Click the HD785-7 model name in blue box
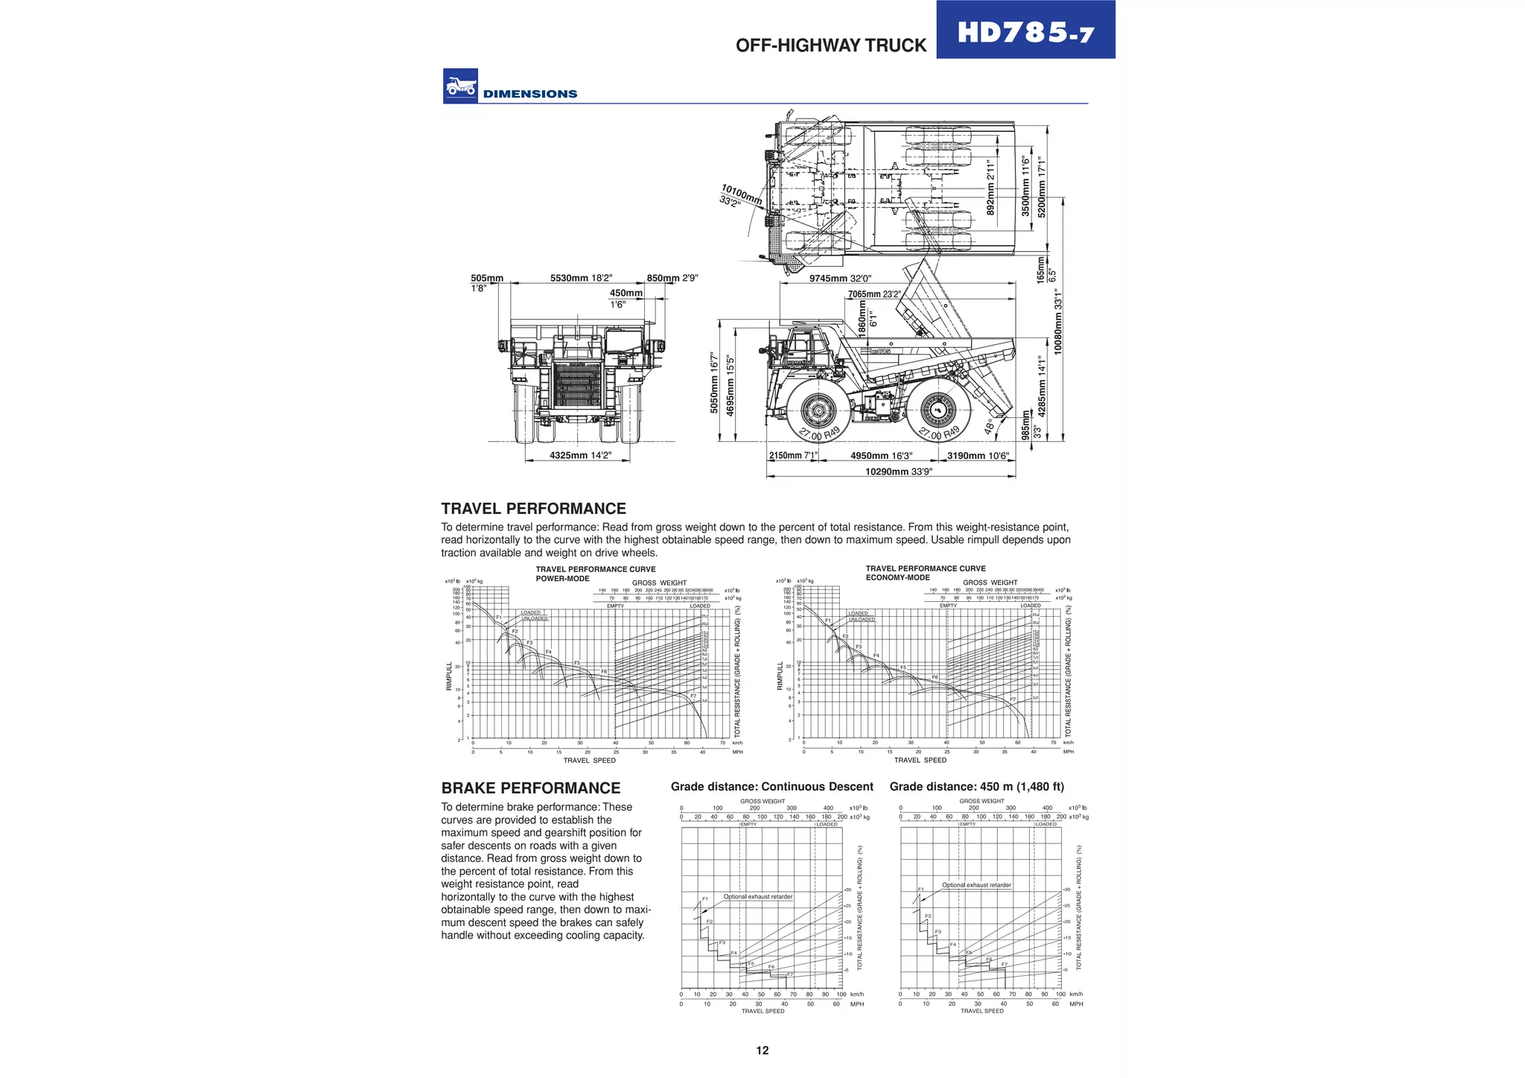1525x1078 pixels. click(1025, 32)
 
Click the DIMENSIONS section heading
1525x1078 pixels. click(530, 94)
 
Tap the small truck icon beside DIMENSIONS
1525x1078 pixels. click(460, 86)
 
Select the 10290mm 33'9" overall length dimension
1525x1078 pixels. click(898, 472)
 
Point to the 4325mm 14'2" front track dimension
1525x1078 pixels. click(580, 455)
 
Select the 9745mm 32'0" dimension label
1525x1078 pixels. click(840, 279)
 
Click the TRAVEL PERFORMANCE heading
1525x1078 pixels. click(533, 509)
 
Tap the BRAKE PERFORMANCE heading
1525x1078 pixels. click(530, 788)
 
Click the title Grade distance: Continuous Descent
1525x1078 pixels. click(771, 787)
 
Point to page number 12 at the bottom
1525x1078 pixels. click(762, 1050)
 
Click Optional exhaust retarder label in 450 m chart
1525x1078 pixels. click(976, 885)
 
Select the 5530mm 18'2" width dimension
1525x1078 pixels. click(581, 279)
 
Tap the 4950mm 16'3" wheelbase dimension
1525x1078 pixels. click(881, 456)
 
